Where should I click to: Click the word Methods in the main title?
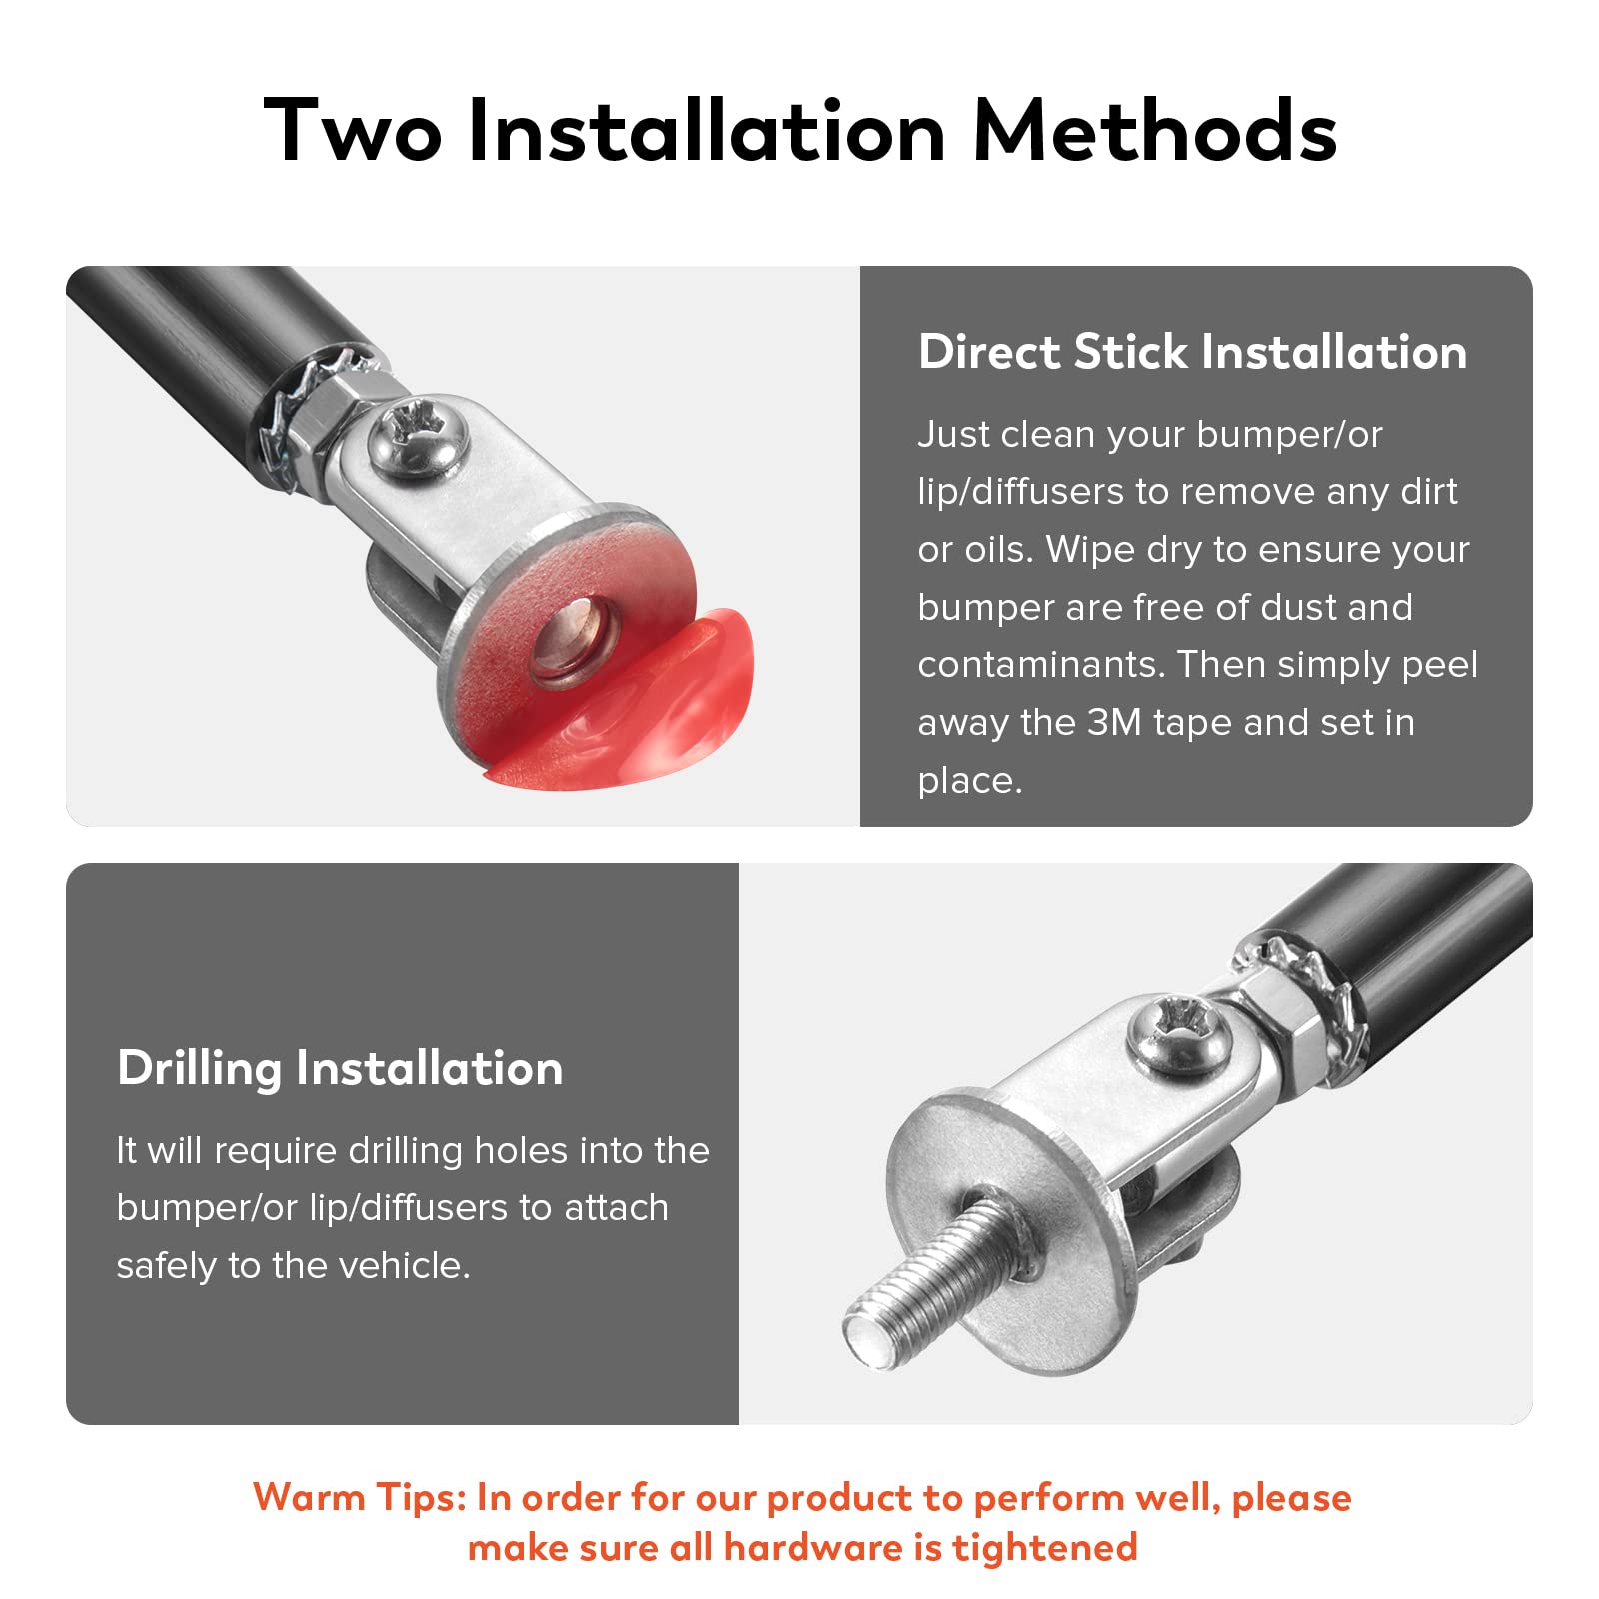pos(1154,130)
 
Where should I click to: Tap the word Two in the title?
pos(353,130)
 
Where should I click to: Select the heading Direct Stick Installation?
pos(1192,352)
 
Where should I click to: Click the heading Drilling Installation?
pos(340,1069)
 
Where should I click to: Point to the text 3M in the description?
pos(1113,722)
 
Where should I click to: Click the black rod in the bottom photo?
pos(1409,939)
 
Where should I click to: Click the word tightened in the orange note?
pos(1045,1548)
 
